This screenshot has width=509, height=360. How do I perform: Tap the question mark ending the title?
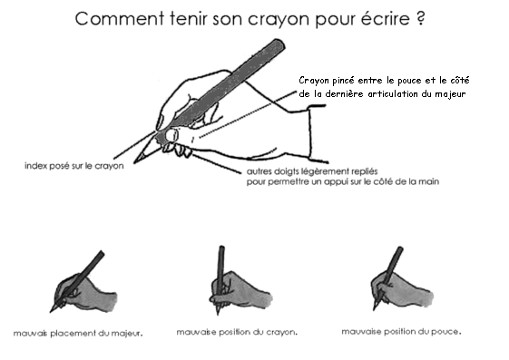click(x=420, y=19)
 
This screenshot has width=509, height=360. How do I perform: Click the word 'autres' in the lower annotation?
click(x=260, y=170)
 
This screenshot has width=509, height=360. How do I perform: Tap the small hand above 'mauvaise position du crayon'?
click(x=231, y=286)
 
